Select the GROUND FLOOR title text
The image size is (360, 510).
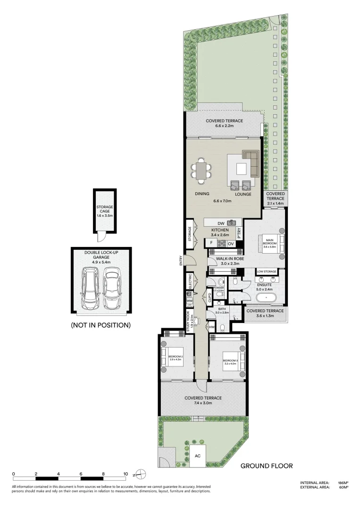point(267,466)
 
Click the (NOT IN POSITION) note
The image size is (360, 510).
point(100,325)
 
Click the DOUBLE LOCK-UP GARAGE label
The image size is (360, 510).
point(100,255)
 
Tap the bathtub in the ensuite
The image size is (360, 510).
point(268,298)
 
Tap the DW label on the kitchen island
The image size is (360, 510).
point(220,223)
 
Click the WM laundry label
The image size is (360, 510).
point(190,300)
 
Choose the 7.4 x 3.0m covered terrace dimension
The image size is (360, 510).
point(203,403)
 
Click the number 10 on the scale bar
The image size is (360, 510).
point(126,474)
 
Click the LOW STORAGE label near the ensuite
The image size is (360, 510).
point(267,272)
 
